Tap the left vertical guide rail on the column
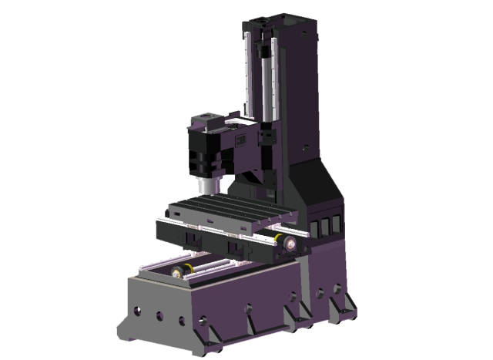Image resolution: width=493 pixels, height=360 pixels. [248, 77]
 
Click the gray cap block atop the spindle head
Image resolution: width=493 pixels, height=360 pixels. [210, 120]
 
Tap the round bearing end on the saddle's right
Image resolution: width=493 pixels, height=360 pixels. [290, 244]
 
